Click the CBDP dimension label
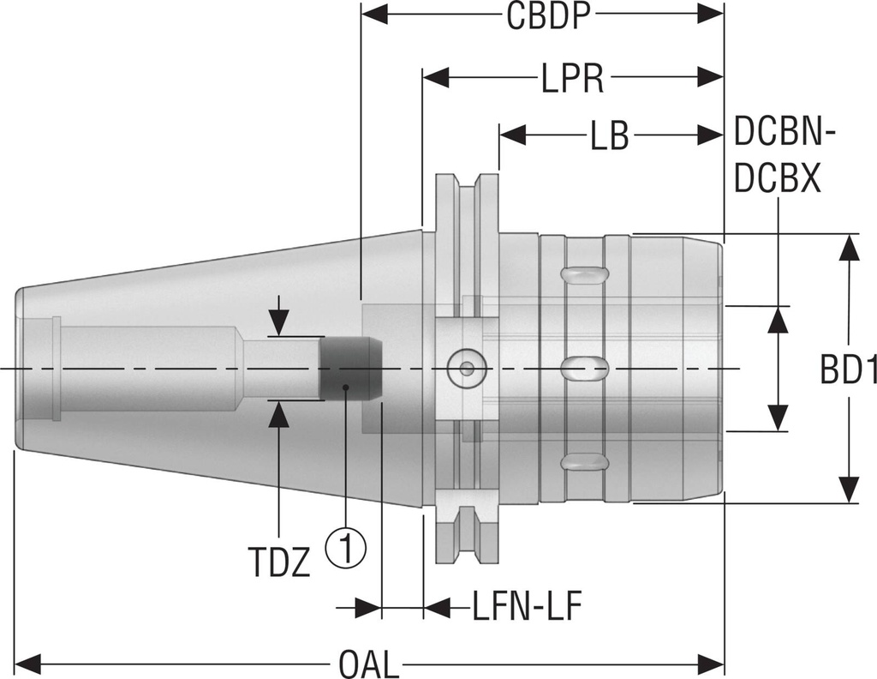[549, 17]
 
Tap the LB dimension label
[609, 136]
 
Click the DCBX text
[779, 179]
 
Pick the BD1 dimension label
[848, 370]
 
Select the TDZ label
[279, 564]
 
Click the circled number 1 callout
[345, 545]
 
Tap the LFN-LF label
[528, 608]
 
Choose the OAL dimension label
[369, 664]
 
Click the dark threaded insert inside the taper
[350, 369]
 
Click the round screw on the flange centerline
[464, 370]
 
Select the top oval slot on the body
[584, 274]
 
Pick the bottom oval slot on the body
[584, 463]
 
